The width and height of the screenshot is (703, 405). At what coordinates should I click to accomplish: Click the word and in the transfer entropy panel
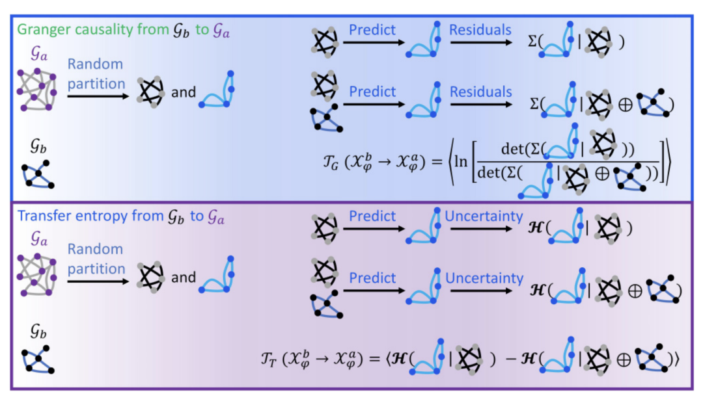(183, 278)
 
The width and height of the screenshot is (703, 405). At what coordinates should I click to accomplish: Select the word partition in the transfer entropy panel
(96, 268)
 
